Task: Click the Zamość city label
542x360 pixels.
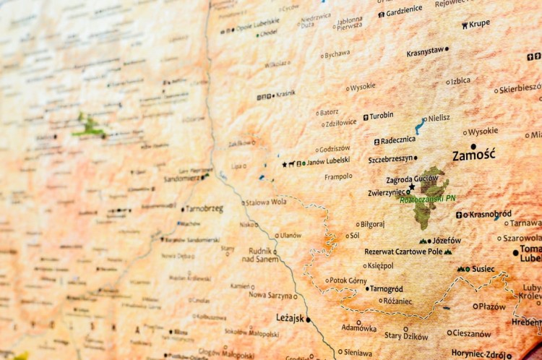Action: pyautogui.click(x=473, y=155)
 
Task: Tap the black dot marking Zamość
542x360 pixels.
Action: pyautogui.click(x=474, y=145)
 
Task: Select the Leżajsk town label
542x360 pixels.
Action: pyautogui.click(x=290, y=317)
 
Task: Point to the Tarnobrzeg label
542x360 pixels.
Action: pyautogui.click(x=205, y=209)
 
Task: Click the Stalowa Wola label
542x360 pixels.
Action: pyautogui.click(x=266, y=202)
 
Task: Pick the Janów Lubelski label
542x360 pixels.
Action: pyautogui.click(x=329, y=162)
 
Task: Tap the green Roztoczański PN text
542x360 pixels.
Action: pyautogui.click(x=428, y=199)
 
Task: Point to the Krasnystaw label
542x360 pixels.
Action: pyautogui.click(x=425, y=52)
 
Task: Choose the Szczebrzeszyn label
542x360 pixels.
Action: pyautogui.click(x=390, y=158)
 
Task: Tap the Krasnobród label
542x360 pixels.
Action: pyautogui.click(x=490, y=214)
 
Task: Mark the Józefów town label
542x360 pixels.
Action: pyautogui.click(x=447, y=240)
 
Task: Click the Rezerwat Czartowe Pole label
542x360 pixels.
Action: pyautogui.click(x=403, y=252)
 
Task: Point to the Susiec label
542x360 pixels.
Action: pyautogui.click(x=483, y=269)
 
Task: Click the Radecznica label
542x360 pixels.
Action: pyautogui.click(x=398, y=140)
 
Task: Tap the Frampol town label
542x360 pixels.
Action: pyautogui.click(x=338, y=176)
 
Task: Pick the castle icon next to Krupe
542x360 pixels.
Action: pyautogui.click(x=464, y=25)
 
